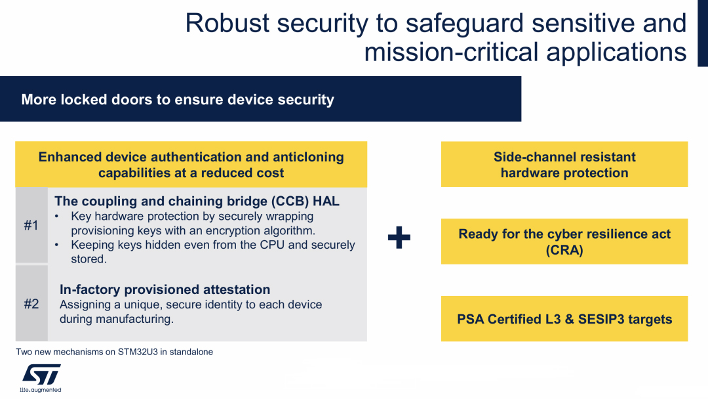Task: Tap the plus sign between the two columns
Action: (x=399, y=238)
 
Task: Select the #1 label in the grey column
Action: (x=31, y=225)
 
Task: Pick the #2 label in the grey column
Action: (x=31, y=304)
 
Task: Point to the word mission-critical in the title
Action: (x=451, y=52)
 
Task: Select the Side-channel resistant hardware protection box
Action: (x=564, y=165)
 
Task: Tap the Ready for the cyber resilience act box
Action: (x=564, y=241)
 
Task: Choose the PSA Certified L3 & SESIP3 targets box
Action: (x=564, y=318)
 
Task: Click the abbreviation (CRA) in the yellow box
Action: (x=564, y=250)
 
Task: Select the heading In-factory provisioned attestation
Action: (x=165, y=289)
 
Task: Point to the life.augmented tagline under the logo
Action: (x=41, y=390)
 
